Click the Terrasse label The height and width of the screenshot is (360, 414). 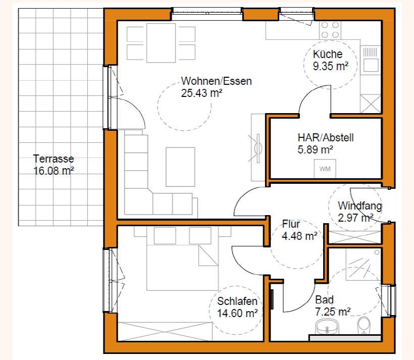click(x=54, y=159)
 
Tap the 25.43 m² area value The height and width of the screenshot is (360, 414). click(x=201, y=93)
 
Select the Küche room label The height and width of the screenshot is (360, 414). click(x=328, y=54)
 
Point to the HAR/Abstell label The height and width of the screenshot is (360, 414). click(x=326, y=138)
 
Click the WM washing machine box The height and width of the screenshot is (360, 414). click(x=325, y=169)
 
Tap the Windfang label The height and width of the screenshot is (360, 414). click(x=360, y=206)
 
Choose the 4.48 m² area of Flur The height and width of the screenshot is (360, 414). click(x=299, y=236)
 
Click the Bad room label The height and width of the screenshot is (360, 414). click(x=324, y=300)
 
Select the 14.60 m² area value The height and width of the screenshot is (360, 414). click(x=237, y=313)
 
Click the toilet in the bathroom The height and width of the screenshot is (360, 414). click(x=364, y=325)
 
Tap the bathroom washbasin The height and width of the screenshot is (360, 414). click(x=327, y=327)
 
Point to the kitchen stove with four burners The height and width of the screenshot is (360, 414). click(x=330, y=30)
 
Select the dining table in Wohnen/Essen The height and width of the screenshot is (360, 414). click(x=161, y=43)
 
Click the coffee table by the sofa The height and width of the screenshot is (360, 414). click(x=180, y=167)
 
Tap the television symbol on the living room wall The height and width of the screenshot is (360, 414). click(x=258, y=148)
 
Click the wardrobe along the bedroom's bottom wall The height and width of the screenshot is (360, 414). click(x=165, y=332)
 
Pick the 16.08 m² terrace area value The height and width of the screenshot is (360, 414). click(x=54, y=171)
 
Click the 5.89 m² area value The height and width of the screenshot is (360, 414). click(x=315, y=150)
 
